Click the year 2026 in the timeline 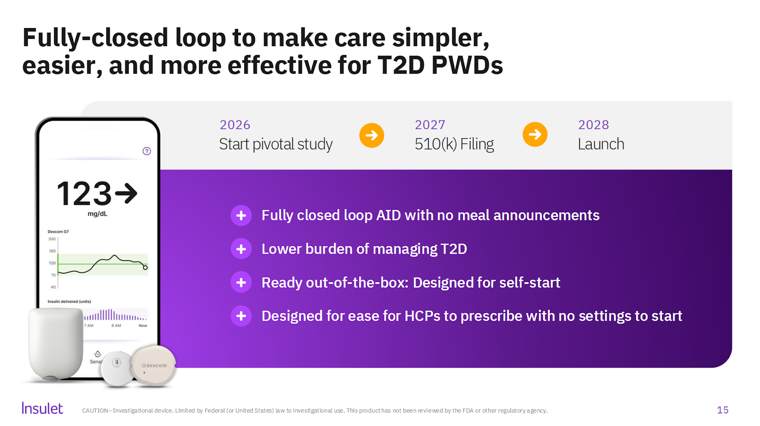point(235,125)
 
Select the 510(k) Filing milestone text point(454,144)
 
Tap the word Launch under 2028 point(601,144)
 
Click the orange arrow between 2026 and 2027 point(371,135)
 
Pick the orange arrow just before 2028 point(535,134)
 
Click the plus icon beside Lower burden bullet point(241,249)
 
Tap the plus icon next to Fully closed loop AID point(241,215)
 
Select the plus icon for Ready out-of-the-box point(241,282)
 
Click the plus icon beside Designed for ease point(241,316)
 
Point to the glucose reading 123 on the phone point(84,193)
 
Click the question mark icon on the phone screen point(147,151)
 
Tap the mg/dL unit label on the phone point(97,214)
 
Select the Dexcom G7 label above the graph point(58,232)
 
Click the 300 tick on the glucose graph point(52,239)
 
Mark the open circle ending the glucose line point(145,267)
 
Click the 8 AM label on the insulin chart point(116,326)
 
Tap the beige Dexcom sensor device point(153,366)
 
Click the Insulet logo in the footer point(42,408)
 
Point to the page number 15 point(722,410)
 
